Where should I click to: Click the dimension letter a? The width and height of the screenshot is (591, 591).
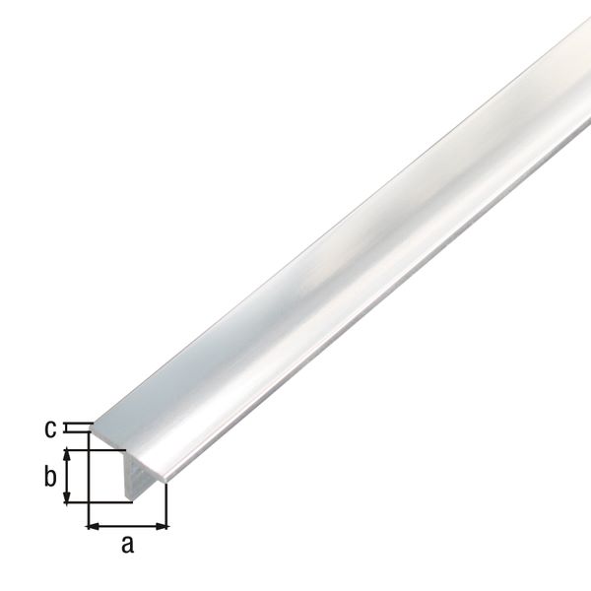click(126, 544)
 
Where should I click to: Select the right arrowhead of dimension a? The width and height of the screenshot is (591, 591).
click(163, 524)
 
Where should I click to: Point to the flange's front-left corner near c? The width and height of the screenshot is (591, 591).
click(90, 427)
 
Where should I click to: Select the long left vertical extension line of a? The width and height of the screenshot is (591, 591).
click(89, 483)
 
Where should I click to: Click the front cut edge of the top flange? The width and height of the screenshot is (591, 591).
click(128, 455)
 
